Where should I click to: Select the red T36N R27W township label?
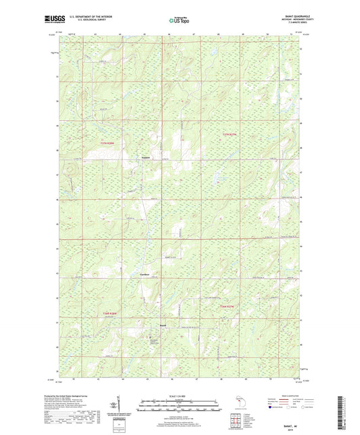[x=230, y=307]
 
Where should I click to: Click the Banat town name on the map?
[x=162, y=328]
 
